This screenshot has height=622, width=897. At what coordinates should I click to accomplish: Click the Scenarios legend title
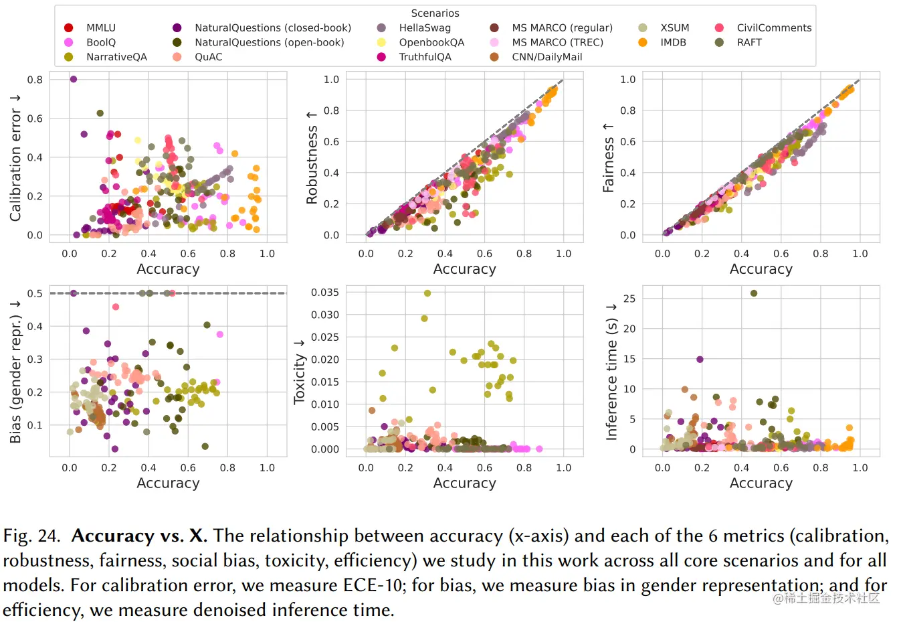pyautogui.click(x=435, y=13)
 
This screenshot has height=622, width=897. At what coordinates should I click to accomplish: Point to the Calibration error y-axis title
pyautogui.click(x=15, y=158)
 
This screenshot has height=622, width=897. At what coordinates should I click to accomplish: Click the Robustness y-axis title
pyautogui.click(x=312, y=158)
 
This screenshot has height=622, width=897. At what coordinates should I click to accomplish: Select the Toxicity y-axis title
pyautogui.click(x=299, y=371)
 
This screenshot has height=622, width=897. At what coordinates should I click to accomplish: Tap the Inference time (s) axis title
pyautogui.click(x=611, y=371)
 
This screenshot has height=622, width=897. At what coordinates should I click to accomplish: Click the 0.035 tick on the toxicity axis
pyautogui.click(x=324, y=293)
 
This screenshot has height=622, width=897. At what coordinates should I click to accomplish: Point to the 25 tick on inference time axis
pyautogui.click(x=629, y=299)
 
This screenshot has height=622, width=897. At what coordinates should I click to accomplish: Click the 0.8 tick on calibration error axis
pyautogui.click(x=35, y=80)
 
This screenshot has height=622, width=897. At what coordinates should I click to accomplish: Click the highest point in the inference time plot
pyautogui.click(x=754, y=293)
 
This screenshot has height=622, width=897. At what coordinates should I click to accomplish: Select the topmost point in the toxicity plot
pyautogui.click(x=427, y=293)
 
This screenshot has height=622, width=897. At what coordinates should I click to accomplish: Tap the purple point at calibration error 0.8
pyautogui.click(x=74, y=79)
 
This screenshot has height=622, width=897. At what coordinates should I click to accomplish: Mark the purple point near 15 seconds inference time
pyautogui.click(x=700, y=360)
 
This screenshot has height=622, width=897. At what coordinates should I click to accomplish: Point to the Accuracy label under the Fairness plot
pyautogui.click(x=761, y=269)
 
